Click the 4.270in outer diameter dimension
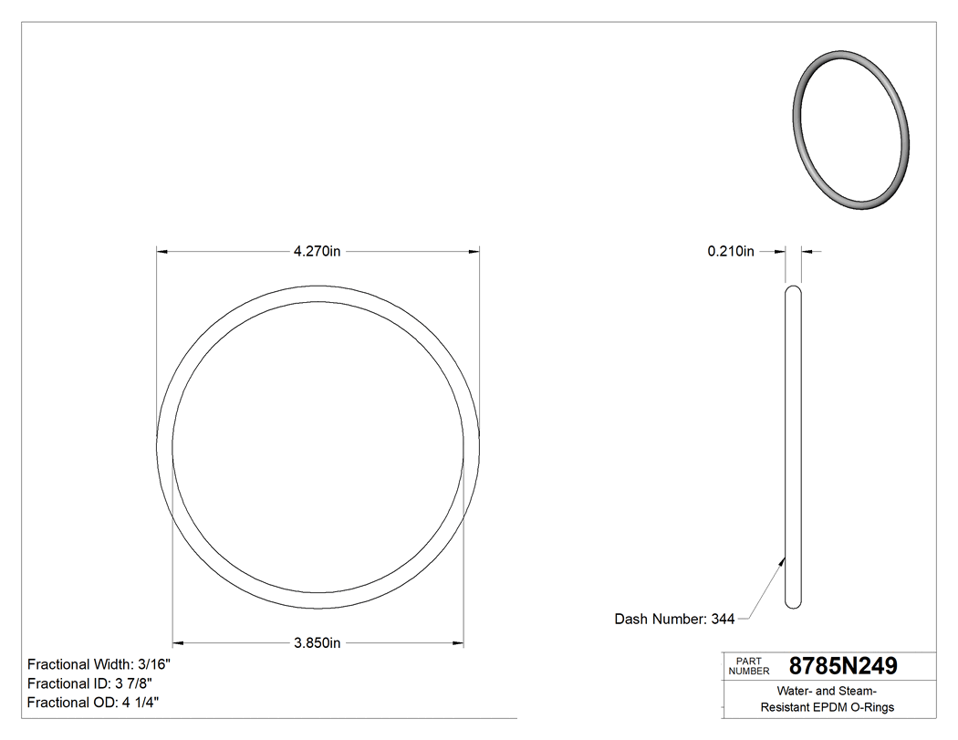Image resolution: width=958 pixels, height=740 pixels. [317, 252]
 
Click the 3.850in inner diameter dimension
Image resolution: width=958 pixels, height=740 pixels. [317, 643]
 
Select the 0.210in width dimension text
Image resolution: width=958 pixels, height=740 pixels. [731, 252]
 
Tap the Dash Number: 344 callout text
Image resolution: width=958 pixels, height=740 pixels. [674, 620]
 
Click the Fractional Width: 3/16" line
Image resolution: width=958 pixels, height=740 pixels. [99, 665]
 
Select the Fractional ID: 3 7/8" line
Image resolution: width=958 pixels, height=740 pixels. [89, 683]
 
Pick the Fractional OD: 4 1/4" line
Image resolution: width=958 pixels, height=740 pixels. [95, 703]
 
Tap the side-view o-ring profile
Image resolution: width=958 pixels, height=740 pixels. [794, 447]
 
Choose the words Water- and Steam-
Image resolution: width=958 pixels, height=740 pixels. [828, 691]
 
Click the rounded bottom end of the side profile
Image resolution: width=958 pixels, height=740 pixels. [794, 603]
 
